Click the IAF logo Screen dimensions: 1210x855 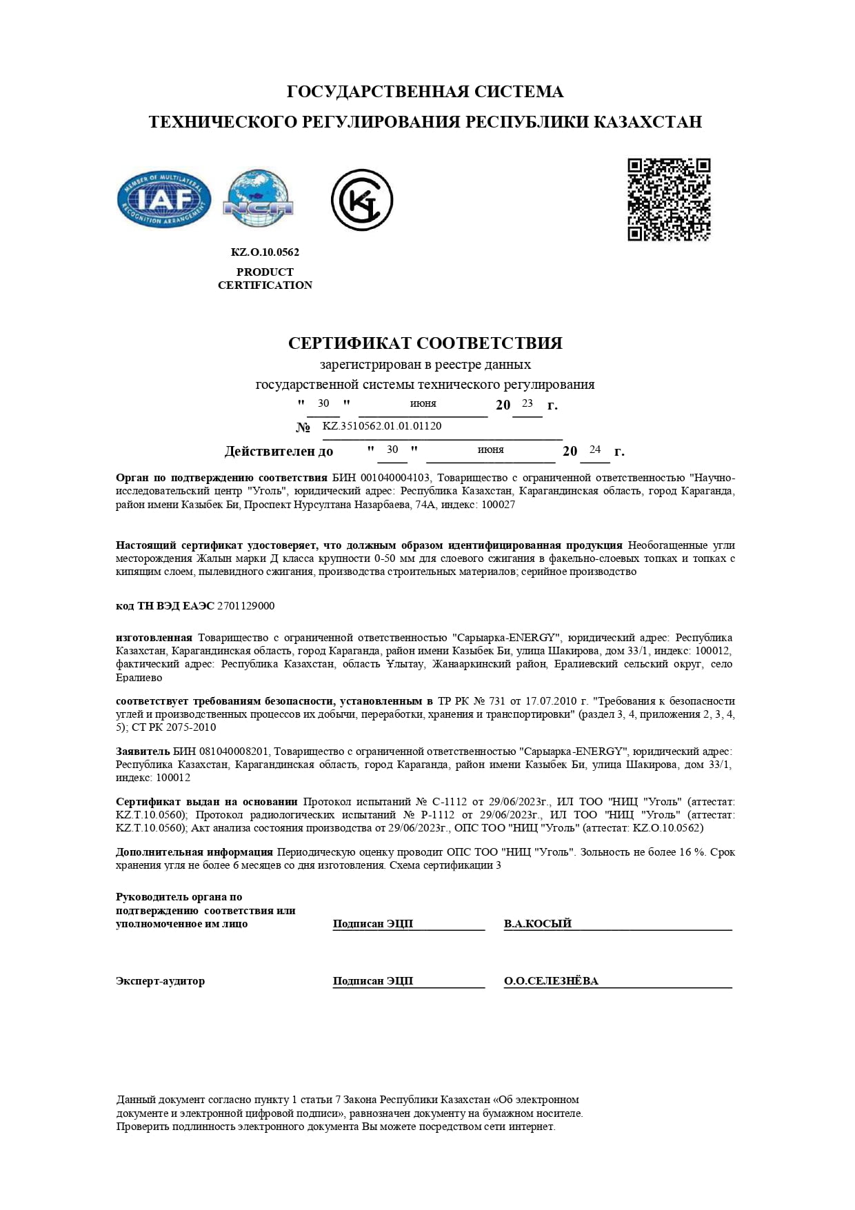point(165,200)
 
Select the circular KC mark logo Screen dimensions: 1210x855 point(361,200)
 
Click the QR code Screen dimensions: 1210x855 point(668,200)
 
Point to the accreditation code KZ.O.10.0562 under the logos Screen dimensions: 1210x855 point(265,252)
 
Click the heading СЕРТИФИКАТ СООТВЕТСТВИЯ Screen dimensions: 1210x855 point(425,343)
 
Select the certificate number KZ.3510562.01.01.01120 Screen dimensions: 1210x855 point(382,426)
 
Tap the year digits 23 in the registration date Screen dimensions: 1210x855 point(527,403)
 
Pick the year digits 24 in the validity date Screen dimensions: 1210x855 point(595,450)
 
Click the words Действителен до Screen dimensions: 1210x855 point(279,452)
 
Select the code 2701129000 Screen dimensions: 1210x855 point(245,606)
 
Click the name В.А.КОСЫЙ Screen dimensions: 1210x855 point(538,924)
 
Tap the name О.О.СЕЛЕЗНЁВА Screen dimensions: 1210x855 point(551,981)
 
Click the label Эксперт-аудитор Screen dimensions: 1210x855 point(160,981)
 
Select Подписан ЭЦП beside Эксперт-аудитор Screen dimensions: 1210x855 point(373,981)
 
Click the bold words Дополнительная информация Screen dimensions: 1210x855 point(194,852)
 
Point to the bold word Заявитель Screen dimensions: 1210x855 point(143,751)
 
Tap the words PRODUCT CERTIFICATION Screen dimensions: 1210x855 point(265,279)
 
